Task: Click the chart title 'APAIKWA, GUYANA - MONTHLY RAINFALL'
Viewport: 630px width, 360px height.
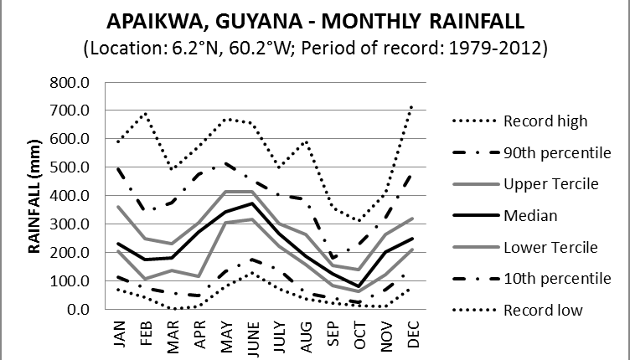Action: [x=315, y=20]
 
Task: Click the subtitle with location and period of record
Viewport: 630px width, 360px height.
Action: [x=315, y=49]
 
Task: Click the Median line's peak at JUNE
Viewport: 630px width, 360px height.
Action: [x=252, y=203]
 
